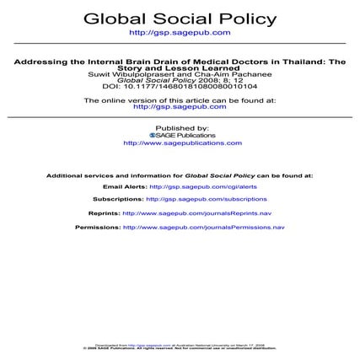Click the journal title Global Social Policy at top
[x=180, y=18]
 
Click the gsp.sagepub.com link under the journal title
[x=180, y=32]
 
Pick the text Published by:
[x=180, y=127]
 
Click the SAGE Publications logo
[x=180, y=135]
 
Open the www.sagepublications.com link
[x=180, y=142]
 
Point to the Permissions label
[x=98, y=228]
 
